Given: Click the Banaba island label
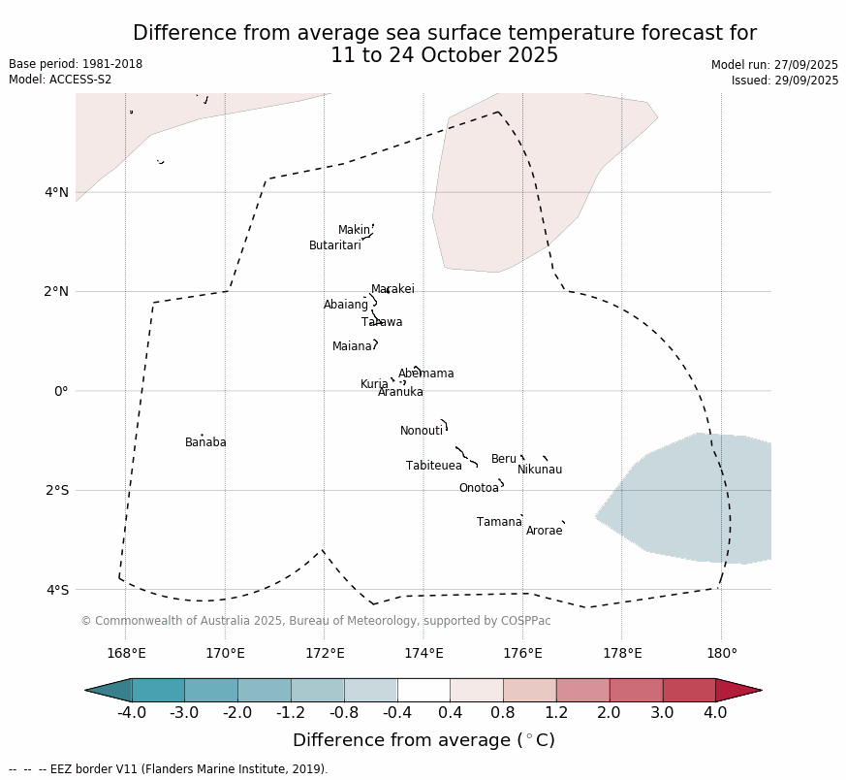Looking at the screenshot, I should [205, 442].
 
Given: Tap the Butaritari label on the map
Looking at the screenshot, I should [334, 245].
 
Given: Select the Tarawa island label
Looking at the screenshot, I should [382, 322].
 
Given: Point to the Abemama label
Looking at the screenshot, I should [425, 374].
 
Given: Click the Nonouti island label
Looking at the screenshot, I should [421, 431].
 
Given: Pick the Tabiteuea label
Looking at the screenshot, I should [433, 466].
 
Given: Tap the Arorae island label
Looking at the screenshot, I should [544, 531].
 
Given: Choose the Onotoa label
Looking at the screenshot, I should [479, 488].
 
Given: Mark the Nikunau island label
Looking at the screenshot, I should [539, 470].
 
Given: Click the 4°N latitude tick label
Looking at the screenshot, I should [56, 192].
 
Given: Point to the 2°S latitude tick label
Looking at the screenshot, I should [56, 490].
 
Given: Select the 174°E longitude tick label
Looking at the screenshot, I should [423, 653].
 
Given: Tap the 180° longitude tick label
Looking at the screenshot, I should [721, 653].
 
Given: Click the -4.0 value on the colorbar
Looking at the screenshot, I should [132, 713].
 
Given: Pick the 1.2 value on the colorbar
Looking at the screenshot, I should [556, 713].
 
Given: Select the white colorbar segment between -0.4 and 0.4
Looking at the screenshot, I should [423, 690].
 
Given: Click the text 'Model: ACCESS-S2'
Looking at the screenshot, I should [60, 80].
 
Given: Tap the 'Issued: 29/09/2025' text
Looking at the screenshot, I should [785, 81].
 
